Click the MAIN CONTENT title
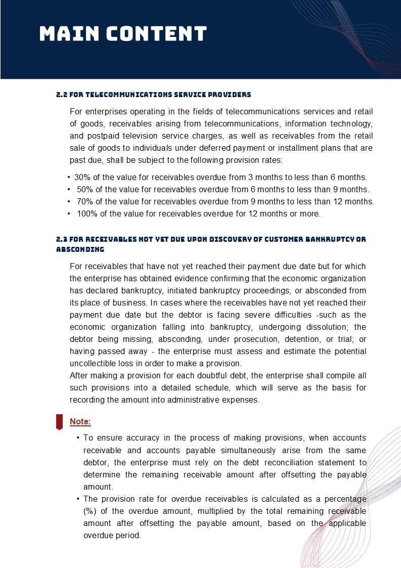pos(123,34)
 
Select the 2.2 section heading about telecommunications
pos(153,95)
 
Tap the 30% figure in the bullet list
pos(83,178)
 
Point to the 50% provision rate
pos(85,190)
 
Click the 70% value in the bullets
pos(85,202)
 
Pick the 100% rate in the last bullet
pos(87,214)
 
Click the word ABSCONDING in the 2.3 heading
pos(80,249)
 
